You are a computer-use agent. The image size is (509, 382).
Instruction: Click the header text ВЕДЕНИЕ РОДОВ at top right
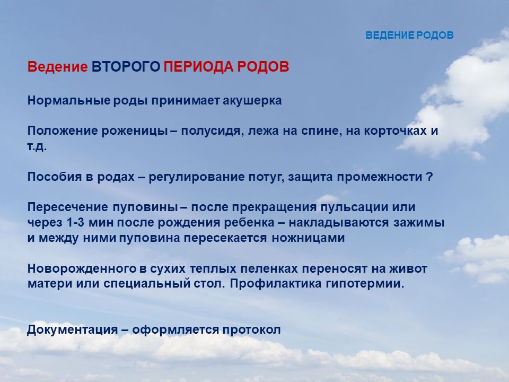(x=409, y=35)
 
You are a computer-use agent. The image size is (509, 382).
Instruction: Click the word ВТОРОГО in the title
(x=126, y=67)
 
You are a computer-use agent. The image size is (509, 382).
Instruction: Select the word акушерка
(x=252, y=101)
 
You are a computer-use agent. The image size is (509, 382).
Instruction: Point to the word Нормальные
(x=69, y=101)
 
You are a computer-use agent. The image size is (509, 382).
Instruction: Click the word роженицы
(x=135, y=131)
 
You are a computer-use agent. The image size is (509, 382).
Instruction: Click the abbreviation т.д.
(x=37, y=146)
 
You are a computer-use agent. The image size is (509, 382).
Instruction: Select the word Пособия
(x=55, y=177)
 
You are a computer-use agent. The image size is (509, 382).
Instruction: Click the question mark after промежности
(x=429, y=177)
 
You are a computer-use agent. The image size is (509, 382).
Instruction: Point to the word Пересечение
(x=67, y=207)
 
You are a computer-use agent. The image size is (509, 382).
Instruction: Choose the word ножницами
(x=308, y=238)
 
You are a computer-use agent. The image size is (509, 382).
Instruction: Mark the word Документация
(x=73, y=329)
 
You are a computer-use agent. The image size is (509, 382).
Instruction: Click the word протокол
(x=251, y=329)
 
